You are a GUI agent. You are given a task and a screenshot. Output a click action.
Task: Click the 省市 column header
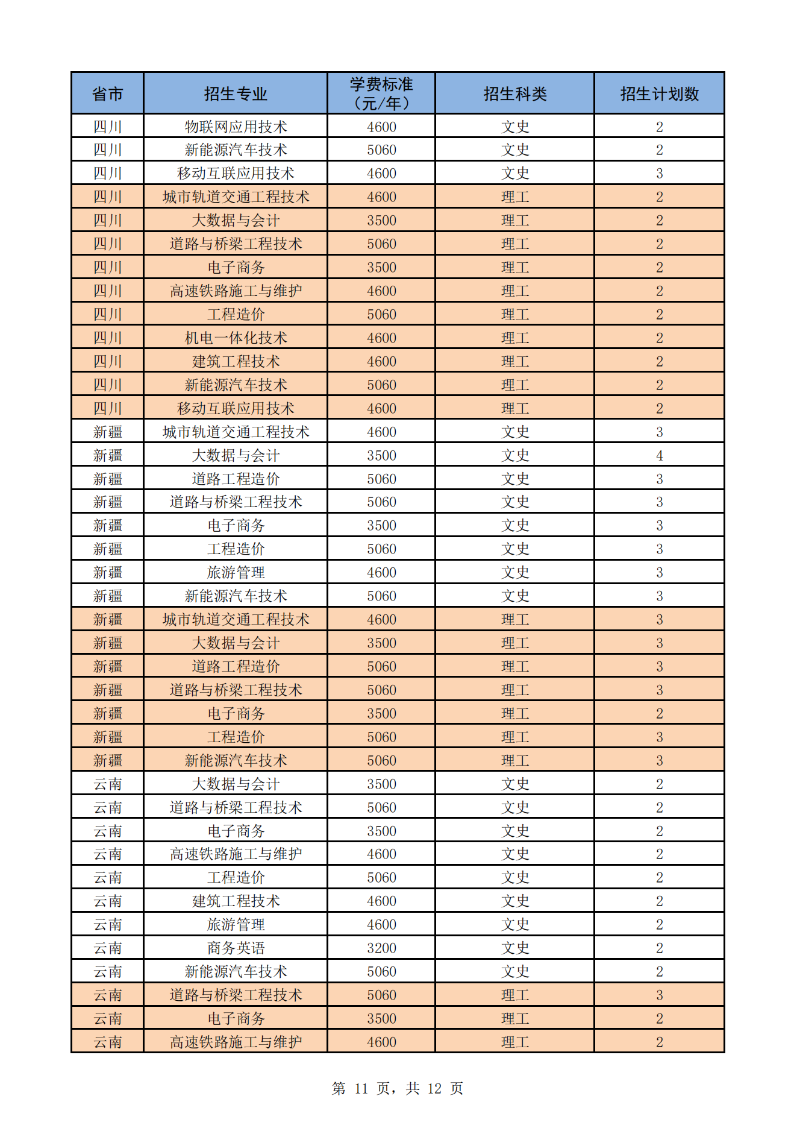[x=108, y=93]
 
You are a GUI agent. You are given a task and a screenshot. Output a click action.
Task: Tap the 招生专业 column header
[x=236, y=93]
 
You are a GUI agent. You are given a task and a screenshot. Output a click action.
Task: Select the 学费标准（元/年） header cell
[x=381, y=93]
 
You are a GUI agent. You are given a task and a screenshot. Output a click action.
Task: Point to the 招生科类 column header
[x=515, y=93]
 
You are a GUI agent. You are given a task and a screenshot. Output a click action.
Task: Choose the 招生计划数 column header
[x=659, y=93]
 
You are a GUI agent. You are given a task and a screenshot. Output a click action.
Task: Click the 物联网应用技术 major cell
[x=236, y=127]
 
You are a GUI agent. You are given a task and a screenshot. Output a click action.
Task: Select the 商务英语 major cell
[x=236, y=948]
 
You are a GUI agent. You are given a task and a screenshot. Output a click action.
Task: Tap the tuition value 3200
[x=381, y=948]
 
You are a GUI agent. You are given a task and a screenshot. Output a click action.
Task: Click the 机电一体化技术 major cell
[x=236, y=338]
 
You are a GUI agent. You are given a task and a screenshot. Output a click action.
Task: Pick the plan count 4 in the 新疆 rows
[x=659, y=455]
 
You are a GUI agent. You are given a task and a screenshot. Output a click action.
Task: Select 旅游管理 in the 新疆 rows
[x=236, y=572]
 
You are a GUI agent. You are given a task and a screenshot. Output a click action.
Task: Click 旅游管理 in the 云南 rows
[x=236, y=924]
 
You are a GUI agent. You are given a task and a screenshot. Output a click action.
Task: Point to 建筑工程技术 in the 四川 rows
[x=236, y=361]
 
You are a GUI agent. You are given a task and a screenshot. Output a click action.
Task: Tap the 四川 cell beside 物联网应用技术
[x=108, y=127]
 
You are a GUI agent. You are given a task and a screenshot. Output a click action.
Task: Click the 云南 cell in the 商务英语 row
[x=108, y=948]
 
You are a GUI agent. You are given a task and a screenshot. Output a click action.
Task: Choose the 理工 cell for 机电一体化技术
[x=515, y=338]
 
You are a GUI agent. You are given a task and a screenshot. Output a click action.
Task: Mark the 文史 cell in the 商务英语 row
[x=515, y=948]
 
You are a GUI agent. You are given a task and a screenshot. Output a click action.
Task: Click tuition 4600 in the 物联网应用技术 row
[x=381, y=127]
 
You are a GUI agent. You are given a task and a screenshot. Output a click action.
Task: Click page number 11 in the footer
[x=361, y=1088]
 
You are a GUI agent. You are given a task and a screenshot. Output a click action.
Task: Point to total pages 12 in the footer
[x=434, y=1088]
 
